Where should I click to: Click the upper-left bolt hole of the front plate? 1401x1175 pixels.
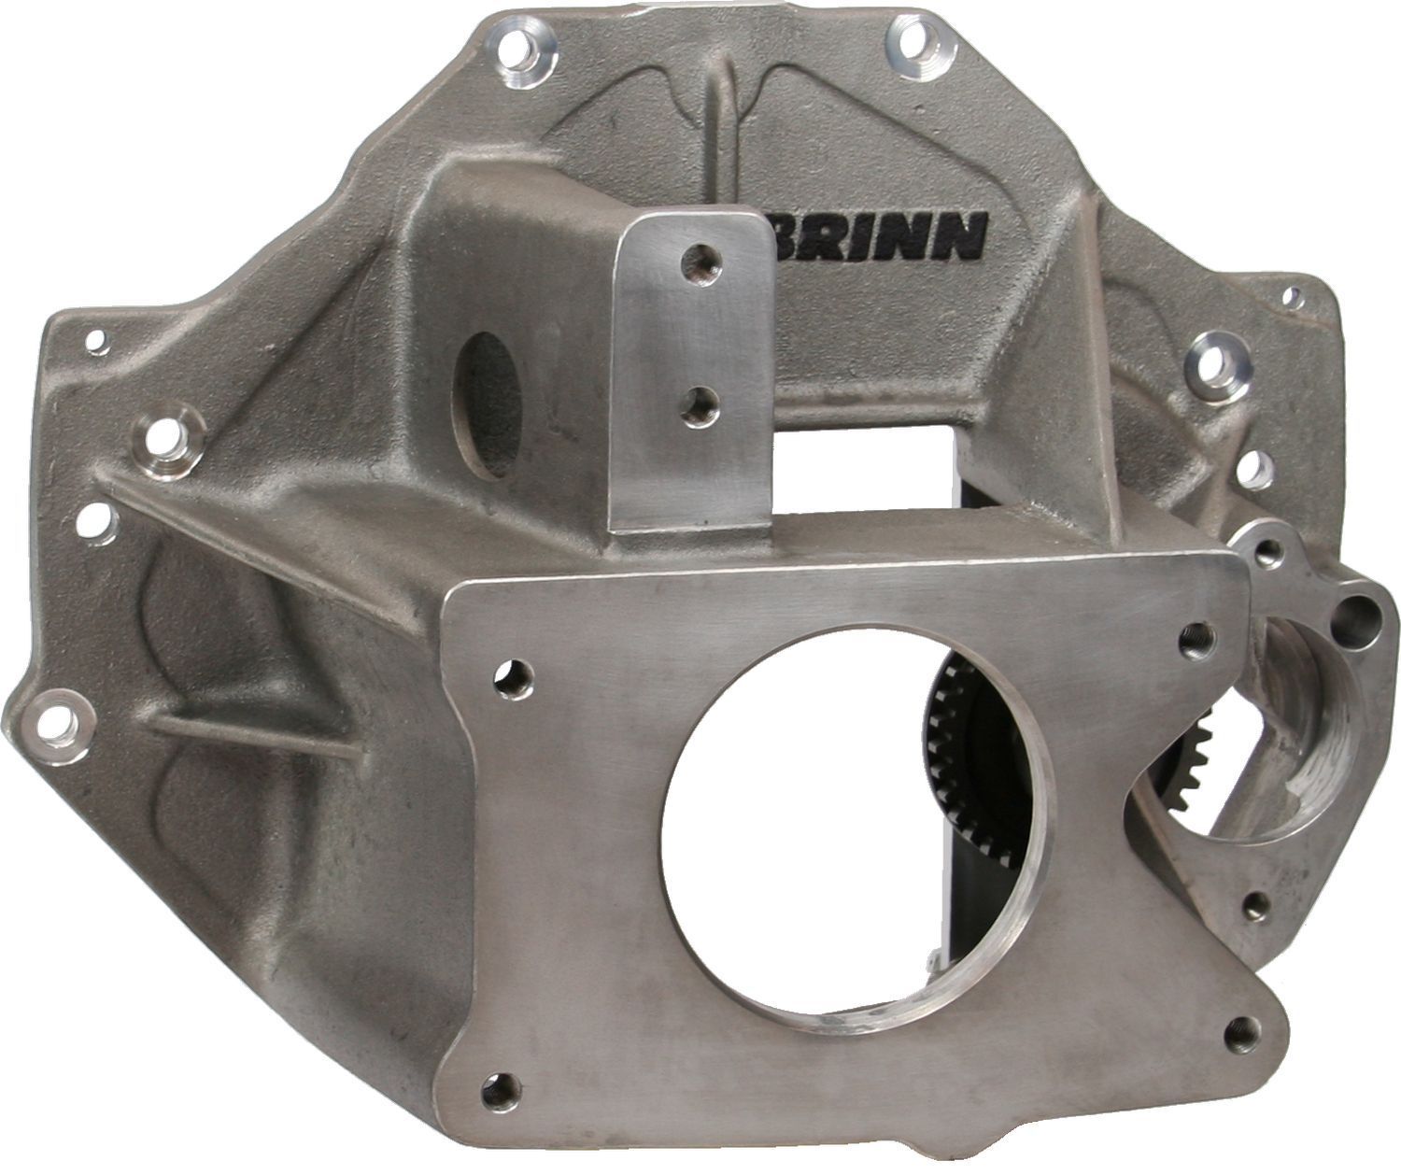coord(515,675)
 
